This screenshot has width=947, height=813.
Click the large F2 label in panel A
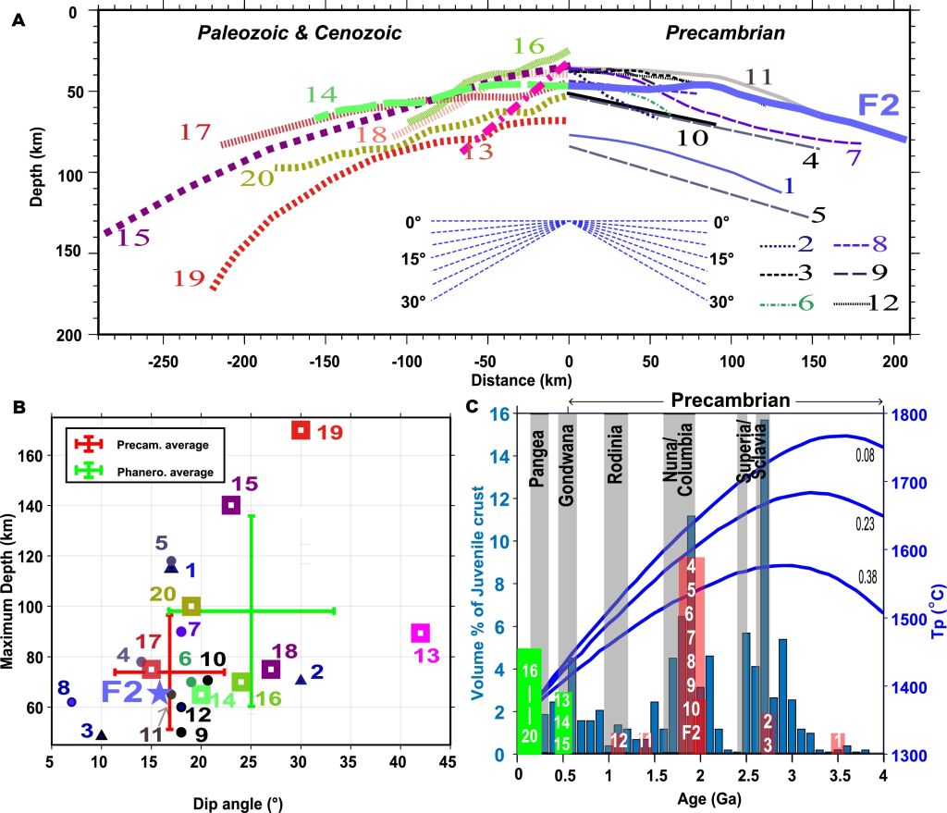pos(879,104)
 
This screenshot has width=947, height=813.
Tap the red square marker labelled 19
pos(300,430)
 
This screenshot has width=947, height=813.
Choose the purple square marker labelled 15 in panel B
pos(231,505)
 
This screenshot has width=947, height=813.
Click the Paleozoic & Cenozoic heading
pos(299,33)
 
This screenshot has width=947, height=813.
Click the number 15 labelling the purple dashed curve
pos(133,238)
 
